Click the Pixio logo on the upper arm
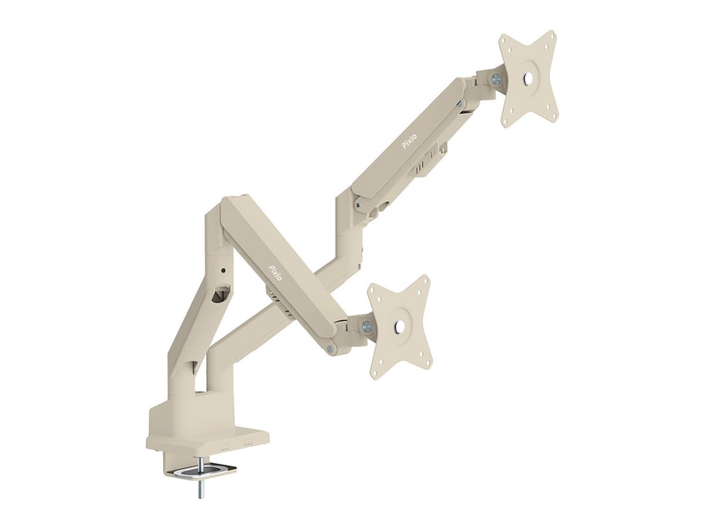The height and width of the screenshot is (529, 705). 409,140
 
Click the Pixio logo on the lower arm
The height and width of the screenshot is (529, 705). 275,272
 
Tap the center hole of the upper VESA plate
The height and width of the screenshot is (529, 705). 528,78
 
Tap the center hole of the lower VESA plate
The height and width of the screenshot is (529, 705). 398,326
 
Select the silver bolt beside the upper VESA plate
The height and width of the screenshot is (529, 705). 497,78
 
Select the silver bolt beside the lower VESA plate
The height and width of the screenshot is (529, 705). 367,325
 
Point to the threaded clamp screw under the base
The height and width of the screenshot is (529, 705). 199,481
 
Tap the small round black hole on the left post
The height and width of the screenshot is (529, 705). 224,271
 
